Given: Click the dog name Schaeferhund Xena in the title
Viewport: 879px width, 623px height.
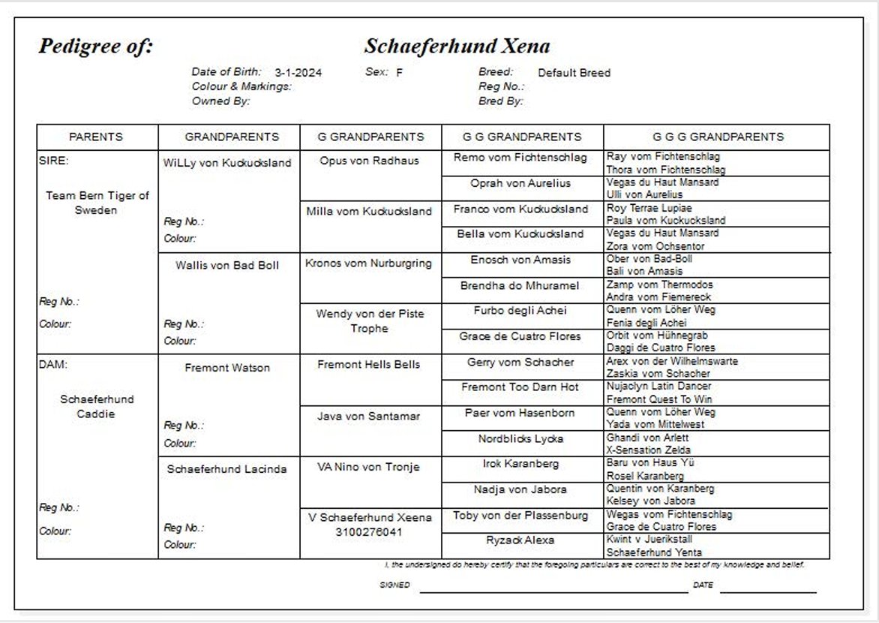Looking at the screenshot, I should (457, 47).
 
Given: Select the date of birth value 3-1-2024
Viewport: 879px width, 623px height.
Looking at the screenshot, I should (298, 73).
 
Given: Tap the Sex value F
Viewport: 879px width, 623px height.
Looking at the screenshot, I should (400, 73).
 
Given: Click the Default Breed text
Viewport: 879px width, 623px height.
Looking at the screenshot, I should (574, 73).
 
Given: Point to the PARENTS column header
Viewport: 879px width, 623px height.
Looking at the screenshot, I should (96, 137).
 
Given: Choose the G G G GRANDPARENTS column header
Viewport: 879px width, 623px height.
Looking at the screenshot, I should (717, 137).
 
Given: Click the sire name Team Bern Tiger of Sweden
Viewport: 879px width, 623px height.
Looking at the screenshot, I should (97, 203).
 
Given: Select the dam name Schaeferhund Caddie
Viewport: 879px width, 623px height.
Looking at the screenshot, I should (96, 407).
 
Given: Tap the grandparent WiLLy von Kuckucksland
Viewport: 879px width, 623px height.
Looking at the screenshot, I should (227, 163).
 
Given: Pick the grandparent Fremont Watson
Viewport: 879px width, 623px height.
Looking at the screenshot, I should (227, 368).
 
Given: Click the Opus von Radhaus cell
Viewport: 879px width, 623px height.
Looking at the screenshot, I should (369, 161).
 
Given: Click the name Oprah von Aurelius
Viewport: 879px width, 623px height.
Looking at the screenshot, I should (520, 183).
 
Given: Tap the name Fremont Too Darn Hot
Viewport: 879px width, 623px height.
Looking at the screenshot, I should (520, 387).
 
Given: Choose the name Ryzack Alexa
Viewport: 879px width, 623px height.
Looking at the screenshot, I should (520, 540).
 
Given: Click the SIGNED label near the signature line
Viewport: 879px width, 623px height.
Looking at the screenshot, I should (394, 585).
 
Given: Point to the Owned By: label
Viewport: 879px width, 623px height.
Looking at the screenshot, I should (220, 101).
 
